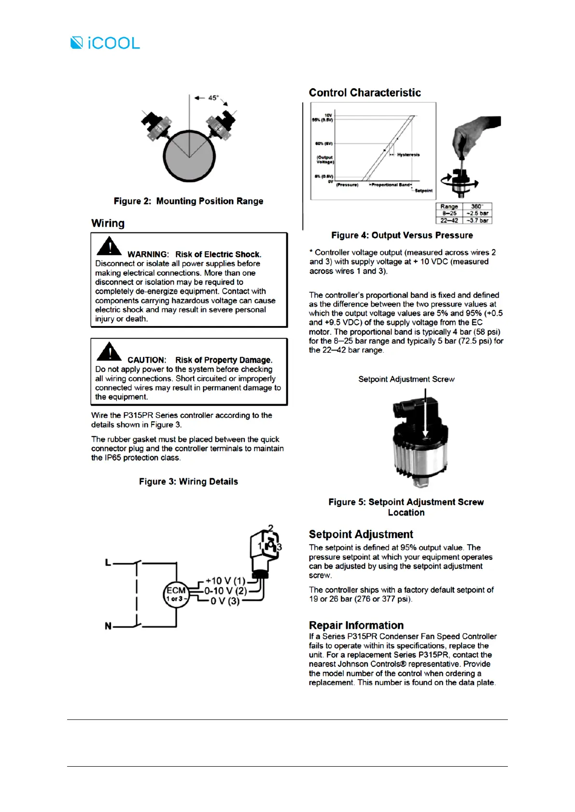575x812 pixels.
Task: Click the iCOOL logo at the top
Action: coord(105,43)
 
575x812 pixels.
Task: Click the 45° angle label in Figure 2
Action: coord(213,98)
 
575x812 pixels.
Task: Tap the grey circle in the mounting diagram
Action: coord(189,156)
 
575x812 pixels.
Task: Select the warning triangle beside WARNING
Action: coord(109,246)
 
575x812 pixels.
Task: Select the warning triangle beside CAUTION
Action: coord(109,352)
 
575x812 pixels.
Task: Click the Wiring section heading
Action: coord(108,223)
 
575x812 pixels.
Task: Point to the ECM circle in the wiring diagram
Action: coord(176,594)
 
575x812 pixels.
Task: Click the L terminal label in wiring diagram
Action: coord(108,562)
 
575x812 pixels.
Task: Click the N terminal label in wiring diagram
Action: coord(108,626)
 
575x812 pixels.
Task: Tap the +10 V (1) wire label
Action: coord(225,581)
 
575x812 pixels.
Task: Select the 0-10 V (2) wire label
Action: coord(225,591)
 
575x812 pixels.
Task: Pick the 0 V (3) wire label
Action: coord(225,601)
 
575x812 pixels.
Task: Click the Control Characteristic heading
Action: coord(365,93)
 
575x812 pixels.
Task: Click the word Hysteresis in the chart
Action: coord(408,155)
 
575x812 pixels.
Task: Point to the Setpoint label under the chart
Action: coord(423,190)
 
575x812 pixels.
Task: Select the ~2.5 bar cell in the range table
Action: coord(477,213)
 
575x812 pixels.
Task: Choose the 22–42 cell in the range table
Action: coord(449,220)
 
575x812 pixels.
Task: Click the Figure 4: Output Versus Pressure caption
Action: coord(402,235)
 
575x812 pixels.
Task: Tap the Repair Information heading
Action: coord(356,625)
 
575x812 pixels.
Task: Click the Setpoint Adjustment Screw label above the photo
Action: coord(406,379)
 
